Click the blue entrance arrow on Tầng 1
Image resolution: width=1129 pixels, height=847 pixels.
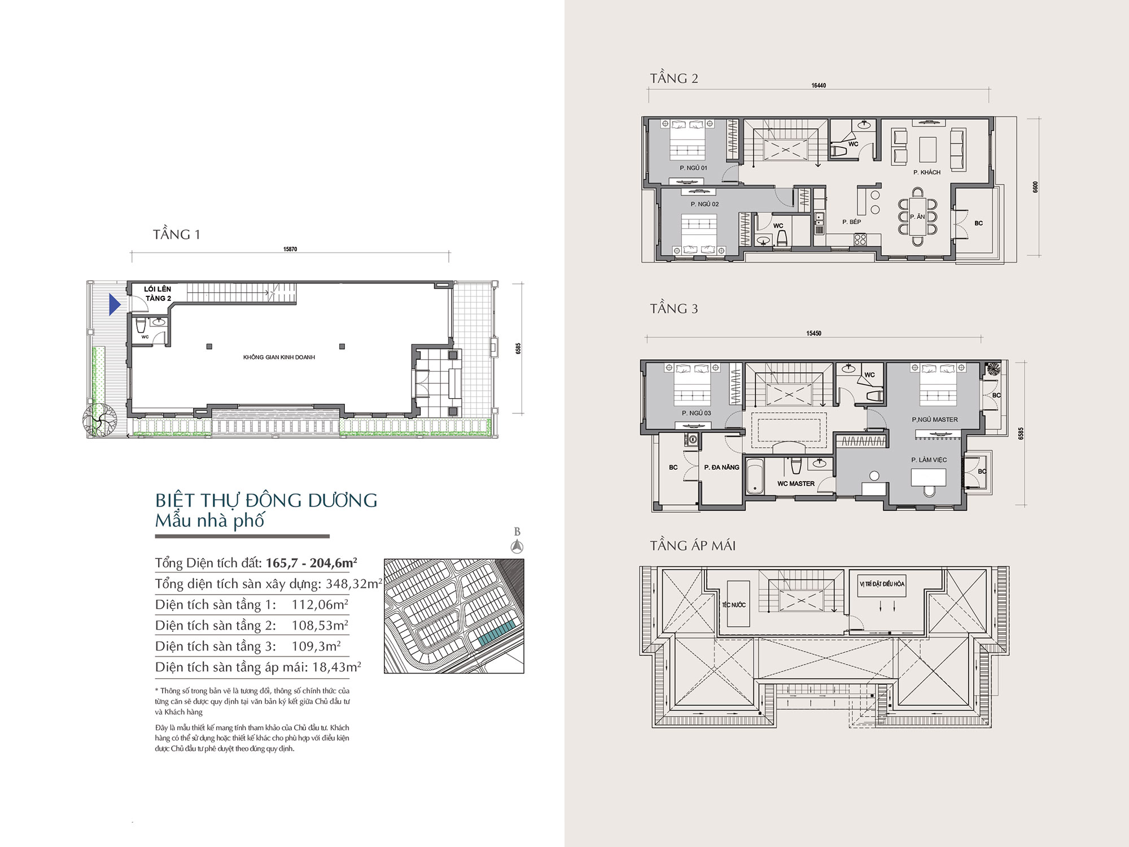tap(115, 304)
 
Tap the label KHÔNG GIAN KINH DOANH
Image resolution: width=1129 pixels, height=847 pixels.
tap(279, 357)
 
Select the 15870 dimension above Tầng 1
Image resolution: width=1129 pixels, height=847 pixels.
tap(290, 249)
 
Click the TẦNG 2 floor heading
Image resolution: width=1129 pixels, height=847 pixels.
tap(674, 78)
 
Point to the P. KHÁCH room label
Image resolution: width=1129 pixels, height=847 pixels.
tap(927, 172)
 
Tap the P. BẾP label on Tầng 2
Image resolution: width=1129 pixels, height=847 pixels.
tap(852, 222)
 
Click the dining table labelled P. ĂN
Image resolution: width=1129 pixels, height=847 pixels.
tap(917, 217)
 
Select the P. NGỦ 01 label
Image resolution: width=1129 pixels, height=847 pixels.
tap(693, 168)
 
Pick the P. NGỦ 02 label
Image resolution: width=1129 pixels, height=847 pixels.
tap(704, 204)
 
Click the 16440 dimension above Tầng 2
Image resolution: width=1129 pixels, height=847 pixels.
tap(819, 86)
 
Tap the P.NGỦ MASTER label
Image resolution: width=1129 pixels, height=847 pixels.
tap(935, 420)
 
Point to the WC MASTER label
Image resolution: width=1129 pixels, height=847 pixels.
tap(796, 483)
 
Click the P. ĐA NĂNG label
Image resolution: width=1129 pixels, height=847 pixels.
tap(721, 467)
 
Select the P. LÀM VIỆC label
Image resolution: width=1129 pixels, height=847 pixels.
tap(929, 460)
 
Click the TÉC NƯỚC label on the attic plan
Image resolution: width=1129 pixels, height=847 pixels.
tap(734, 605)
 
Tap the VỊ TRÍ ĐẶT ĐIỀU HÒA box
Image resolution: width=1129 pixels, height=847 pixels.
tap(882, 584)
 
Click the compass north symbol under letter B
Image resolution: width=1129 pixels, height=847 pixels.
tap(517, 546)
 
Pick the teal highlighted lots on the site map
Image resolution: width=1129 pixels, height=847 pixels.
tap(497, 633)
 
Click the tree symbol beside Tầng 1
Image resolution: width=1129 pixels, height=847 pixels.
tap(100, 420)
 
